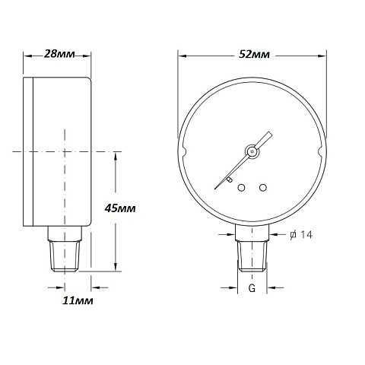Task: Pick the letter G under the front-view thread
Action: [251, 289]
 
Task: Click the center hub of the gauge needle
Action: [250, 151]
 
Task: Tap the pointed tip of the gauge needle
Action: [270, 134]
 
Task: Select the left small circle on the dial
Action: [240, 187]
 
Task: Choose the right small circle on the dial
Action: [262, 187]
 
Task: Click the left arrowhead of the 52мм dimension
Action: [182, 55]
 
